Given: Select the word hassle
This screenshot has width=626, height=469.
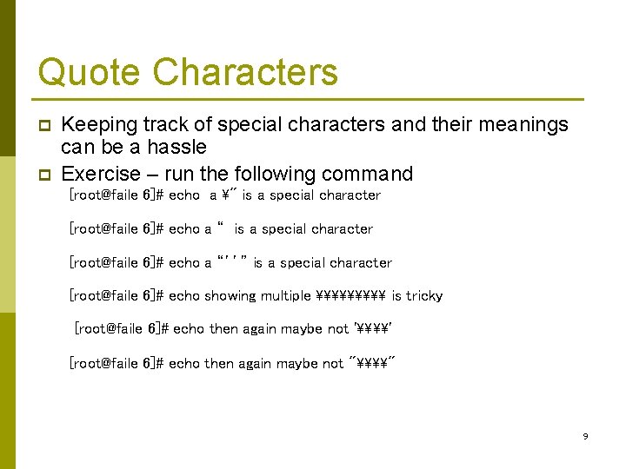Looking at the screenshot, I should click(177, 148).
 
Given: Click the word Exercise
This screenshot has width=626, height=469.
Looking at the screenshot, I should click(100, 174).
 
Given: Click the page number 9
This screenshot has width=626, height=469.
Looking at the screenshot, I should click(585, 436).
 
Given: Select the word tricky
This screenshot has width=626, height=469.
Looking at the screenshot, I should click(424, 296).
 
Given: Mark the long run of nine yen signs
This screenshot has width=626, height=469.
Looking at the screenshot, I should click(350, 296).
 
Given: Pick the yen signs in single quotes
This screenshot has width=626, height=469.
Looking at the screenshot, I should click(373, 329).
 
